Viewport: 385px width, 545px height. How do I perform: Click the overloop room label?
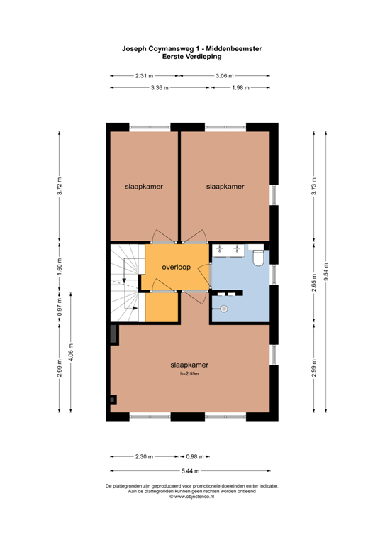(177, 267)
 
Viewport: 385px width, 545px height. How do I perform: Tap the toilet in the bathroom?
(258, 258)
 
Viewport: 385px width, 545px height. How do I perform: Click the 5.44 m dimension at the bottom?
(191, 471)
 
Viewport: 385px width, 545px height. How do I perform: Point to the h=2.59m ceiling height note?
(189, 374)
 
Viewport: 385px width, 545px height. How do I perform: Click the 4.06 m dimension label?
(71, 353)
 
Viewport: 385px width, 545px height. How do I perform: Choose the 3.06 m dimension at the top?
(225, 75)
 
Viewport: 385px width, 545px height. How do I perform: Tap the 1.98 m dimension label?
(240, 87)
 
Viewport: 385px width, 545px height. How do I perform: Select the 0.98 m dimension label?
(195, 457)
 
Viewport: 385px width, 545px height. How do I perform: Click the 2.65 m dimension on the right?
(314, 283)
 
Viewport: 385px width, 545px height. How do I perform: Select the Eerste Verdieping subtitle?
(192, 56)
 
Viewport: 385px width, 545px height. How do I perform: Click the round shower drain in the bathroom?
(224, 308)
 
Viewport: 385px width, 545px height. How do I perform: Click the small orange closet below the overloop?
(162, 307)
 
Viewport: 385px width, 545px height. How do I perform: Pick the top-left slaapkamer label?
(144, 187)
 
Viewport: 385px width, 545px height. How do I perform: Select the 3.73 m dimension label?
(314, 187)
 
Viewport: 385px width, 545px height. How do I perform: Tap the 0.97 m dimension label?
(60, 307)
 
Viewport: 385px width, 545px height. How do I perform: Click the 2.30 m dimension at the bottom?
(144, 457)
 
